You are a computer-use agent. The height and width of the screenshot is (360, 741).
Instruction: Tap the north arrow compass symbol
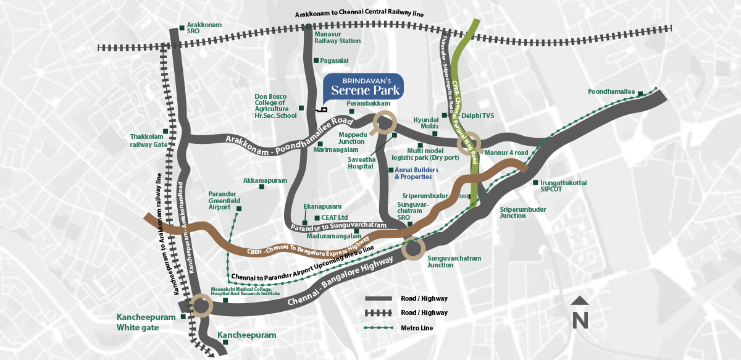point(579,314)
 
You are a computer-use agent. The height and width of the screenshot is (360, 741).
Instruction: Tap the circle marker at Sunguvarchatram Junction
point(414,249)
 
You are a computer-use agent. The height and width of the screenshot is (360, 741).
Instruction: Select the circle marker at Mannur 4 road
point(469,143)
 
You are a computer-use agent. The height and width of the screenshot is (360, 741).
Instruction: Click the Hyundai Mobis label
point(425,123)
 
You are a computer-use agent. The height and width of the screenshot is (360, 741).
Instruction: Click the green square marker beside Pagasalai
point(316,61)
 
